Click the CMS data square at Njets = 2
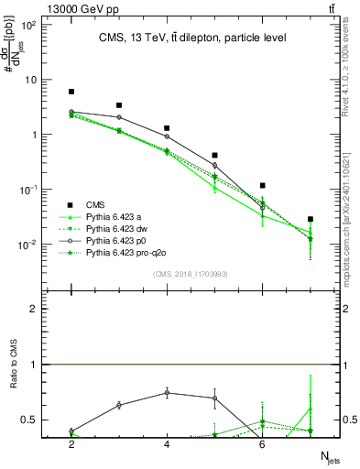pyautogui.click(x=71, y=92)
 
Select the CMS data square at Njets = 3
pyautogui.click(x=119, y=105)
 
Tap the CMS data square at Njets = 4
pyautogui.click(x=167, y=128)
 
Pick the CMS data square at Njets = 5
pyautogui.click(x=214, y=156)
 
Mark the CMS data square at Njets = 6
pyautogui.click(x=262, y=186)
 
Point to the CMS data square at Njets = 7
pyautogui.click(x=311, y=219)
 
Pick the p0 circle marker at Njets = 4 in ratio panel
pyautogui.click(x=167, y=392)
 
